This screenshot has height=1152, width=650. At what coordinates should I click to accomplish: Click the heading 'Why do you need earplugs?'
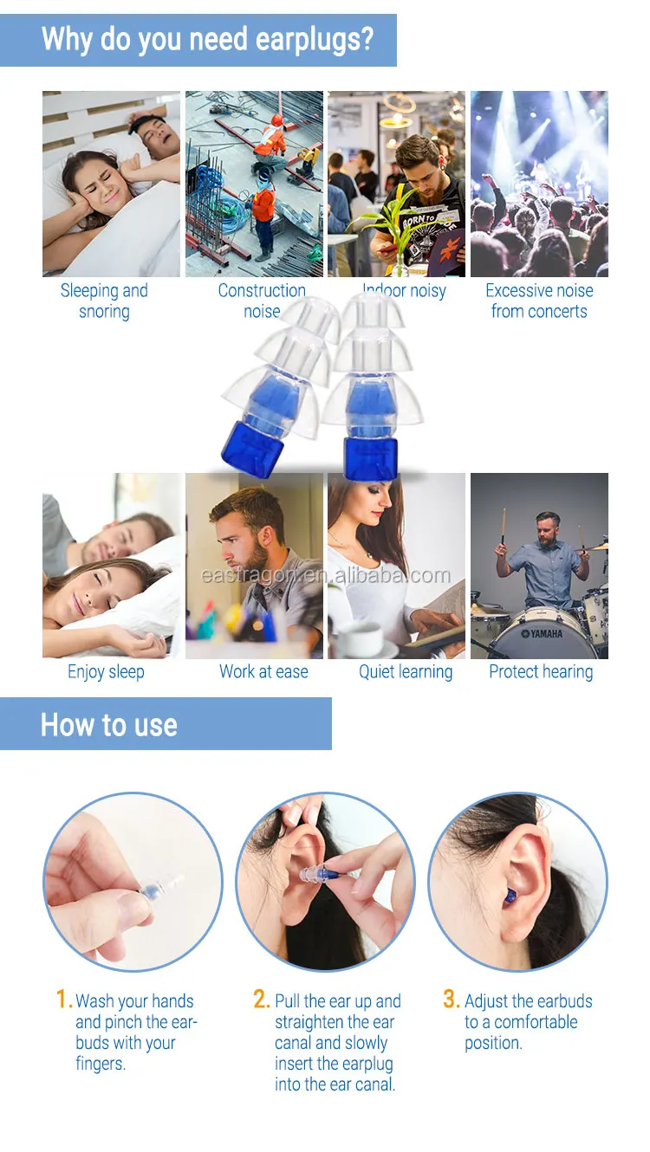(207, 39)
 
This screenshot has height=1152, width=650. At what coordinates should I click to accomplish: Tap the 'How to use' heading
(108, 725)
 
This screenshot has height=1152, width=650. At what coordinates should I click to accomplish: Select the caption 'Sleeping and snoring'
(104, 301)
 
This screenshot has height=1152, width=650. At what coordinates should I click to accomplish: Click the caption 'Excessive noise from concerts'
(539, 301)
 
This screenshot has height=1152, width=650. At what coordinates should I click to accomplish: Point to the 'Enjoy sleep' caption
(106, 671)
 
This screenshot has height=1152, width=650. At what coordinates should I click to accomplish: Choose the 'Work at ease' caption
(263, 671)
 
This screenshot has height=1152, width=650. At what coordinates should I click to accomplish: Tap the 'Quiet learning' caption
(406, 671)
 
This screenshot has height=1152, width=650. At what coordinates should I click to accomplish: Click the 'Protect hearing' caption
(541, 671)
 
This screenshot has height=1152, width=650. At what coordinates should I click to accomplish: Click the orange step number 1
(62, 1000)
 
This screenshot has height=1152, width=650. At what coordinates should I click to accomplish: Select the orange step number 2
(261, 1000)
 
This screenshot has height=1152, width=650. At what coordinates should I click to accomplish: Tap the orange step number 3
(451, 1000)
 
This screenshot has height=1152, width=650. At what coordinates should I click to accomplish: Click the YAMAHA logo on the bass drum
(542, 634)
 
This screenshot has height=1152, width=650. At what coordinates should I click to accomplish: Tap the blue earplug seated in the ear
(509, 896)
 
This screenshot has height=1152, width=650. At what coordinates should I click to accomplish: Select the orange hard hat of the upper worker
(277, 120)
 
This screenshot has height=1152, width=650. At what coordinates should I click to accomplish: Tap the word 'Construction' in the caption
(262, 290)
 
